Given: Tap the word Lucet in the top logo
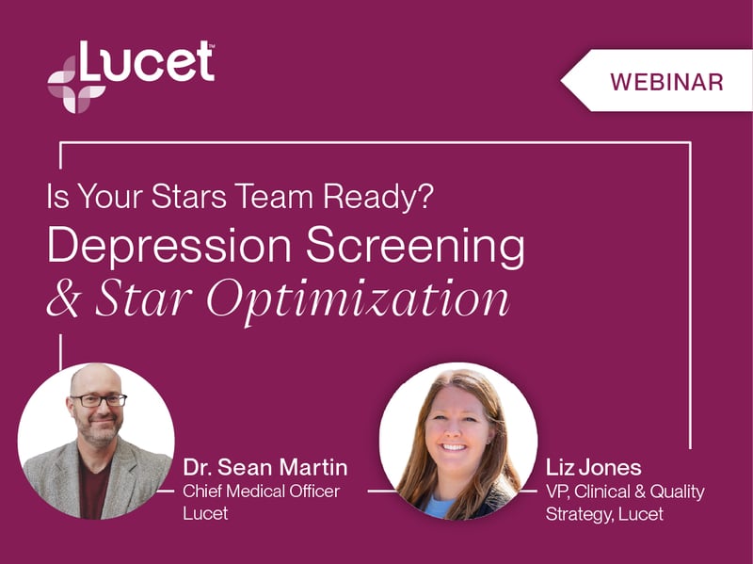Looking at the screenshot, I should click(x=146, y=62).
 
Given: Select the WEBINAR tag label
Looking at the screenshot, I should click(x=666, y=82).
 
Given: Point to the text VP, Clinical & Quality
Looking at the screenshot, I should click(x=625, y=491).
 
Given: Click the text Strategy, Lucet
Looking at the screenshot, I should click(x=604, y=514).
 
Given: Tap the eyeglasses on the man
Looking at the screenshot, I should click(x=98, y=400).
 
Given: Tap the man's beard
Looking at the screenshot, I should click(x=99, y=431).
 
